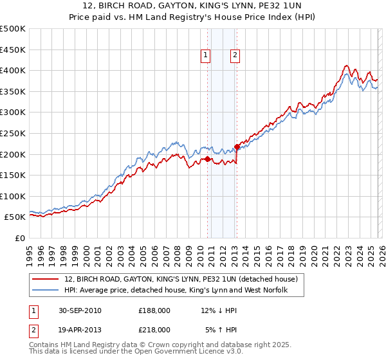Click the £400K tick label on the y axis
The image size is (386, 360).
(x=13, y=70)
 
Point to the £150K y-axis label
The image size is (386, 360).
(x=13, y=175)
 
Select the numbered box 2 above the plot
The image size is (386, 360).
(x=235, y=56)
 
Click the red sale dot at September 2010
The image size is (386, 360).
(x=208, y=159)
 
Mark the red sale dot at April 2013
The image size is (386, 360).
(x=237, y=147)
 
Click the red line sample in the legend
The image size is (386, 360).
(x=46, y=280)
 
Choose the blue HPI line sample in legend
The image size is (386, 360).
(x=46, y=291)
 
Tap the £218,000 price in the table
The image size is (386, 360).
(x=154, y=329)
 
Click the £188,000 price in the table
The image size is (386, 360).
(x=154, y=310)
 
